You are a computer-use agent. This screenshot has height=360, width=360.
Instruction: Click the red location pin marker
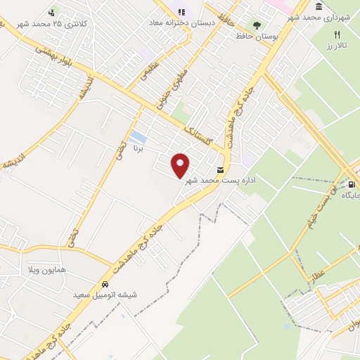[x=181, y=165]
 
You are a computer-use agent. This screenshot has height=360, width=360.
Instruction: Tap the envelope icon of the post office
[x=221, y=170]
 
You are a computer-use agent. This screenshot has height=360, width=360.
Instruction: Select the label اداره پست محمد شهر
[x=219, y=181]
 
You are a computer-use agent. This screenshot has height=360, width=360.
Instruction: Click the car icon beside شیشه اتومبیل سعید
[x=105, y=285]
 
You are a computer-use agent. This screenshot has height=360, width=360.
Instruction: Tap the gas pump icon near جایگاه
[x=350, y=185]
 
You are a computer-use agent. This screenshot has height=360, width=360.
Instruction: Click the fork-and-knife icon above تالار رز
[x=337, y=34]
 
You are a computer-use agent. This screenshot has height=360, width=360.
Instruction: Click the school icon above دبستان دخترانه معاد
[x=181, y=12]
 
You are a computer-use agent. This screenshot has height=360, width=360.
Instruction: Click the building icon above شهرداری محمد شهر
[x=319, y=6]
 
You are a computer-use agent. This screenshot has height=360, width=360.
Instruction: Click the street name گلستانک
[x=198, y=129]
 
